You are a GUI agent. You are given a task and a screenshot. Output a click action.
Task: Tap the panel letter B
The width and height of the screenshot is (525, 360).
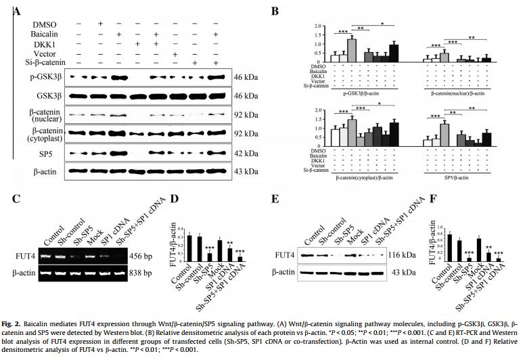[274, 12]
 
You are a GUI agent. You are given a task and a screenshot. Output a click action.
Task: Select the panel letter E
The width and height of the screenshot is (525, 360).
[274, 201]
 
